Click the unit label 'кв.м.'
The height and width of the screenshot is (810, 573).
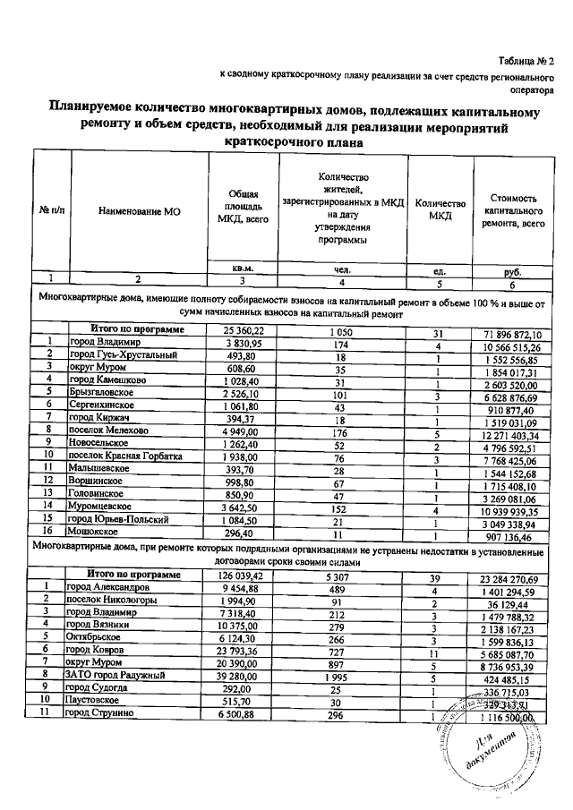point(243,268)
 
